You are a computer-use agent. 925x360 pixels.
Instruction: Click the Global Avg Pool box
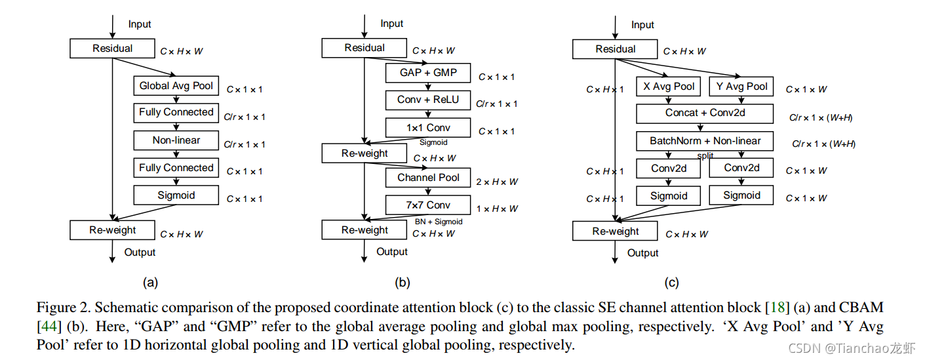(x=176, y=86)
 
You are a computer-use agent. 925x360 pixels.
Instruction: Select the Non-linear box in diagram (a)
(x=176, y=140)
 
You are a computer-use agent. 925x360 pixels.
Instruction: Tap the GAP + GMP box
(x=428, y=73)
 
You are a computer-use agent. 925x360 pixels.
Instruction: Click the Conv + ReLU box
(x=428, y=100)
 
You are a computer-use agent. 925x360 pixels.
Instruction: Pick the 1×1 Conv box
(x=428, y=128)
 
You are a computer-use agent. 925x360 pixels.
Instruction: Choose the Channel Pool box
(x=428, y=178)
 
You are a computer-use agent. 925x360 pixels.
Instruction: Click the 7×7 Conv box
(x=428, y=205)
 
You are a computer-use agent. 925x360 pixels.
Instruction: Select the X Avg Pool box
(x=668, y=87)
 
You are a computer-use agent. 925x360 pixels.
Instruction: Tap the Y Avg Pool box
(x=741, y=87)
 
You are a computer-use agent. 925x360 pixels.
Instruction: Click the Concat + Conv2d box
(x=705, y=113)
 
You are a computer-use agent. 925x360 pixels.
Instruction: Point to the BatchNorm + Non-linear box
(x=705, y=141)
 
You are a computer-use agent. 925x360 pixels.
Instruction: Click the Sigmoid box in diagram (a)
(x=176, y=195)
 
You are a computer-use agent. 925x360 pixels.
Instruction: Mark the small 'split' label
(x=705, y=156)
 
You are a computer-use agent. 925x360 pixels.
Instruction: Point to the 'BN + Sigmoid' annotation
(x=439, y=222)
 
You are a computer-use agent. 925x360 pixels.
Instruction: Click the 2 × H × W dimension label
(x=497, y=182)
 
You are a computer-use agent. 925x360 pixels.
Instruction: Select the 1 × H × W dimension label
(x=497, y=209)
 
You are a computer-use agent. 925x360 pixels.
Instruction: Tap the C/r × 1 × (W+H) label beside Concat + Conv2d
(x=821, y=117)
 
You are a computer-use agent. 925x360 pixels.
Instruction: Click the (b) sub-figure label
(x=402, y=283)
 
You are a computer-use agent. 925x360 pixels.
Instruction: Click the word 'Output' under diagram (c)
(x=642, y=253)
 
